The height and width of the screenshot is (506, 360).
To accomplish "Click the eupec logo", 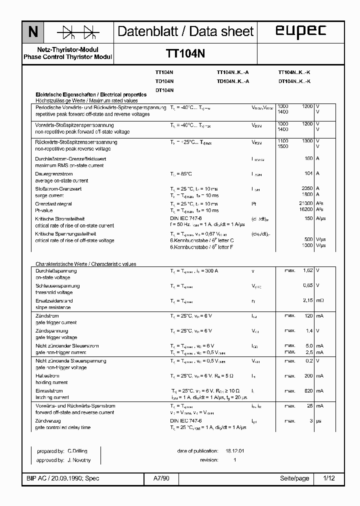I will pyautogui.click(x=300, y=31).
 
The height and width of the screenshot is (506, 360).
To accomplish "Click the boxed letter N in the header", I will pyautogui.click(x=33, y=32).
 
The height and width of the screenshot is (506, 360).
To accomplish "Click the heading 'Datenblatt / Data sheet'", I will pyautogui.click(x=185, y=31).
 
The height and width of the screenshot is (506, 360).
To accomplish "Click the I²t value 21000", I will pyautogui.click(x=305, y=203).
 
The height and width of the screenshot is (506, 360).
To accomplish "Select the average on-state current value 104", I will pyautogui.click(x=308, y=173).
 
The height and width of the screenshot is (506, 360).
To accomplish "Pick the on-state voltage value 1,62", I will pyautogui.click(x=307, y=270).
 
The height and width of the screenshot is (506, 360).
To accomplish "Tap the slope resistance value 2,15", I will pyautogui.click(x=307, y=300).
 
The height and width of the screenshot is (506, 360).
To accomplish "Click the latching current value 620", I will pyautogui.click(x=308, y=390).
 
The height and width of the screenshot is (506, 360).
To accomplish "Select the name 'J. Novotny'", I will pyautogui.click(x=78, y=459).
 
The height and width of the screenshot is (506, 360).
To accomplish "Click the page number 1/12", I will pyautogui.click(x=329, y=478).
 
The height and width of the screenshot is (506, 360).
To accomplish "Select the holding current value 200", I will pyautogui.click(x=308, y=375).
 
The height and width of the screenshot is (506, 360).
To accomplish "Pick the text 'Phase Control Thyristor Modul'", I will pyautogui.click(x=68, y=57).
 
